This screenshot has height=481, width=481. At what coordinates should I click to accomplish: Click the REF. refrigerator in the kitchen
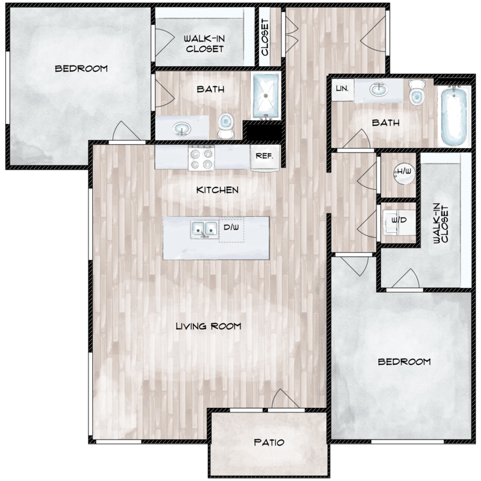pyautogui.click(x=265, y=157)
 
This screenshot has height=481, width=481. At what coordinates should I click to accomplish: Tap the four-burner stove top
pyautogui.click(x=201, y=158)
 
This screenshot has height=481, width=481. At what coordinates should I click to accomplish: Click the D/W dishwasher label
pyautogui.click(x=232, y=227)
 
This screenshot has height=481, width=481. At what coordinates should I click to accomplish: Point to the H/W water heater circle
pyautogui.click(x=404, y=173)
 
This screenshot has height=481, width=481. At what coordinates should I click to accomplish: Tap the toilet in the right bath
pyautogui.click(x=418, y=92)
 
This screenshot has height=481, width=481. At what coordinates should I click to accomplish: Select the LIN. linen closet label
pyautogui.click(x=342, y=89)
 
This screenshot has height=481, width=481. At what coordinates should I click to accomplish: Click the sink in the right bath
pyautogui.click(x=378, y=89)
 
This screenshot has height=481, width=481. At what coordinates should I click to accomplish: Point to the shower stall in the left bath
pyautogui.click(x=266, y=96)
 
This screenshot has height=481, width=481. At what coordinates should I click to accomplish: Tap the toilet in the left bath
pyautogui.click(x=226, y=126)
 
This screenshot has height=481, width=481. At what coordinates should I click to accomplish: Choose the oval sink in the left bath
pyautogui.click(x=182, y=128)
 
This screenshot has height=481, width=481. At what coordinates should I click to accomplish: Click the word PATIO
pyautogui.click(x=269, y=443)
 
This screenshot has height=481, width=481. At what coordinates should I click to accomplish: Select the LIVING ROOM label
pyautogui.click(x=208, y=326)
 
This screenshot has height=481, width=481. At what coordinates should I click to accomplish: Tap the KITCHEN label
pyautogui.click(x=217, y=190)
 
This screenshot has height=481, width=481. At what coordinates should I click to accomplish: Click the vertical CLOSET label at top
pyautogui.click(x=265, y=37)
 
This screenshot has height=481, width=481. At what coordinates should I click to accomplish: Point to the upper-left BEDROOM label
pyautogui.click(x=81, y=69)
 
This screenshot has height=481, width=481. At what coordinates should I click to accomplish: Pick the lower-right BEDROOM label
pyautogui.click(x=404, y=362)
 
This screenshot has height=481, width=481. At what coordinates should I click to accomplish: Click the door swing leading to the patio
pyautogui.click(x=283, y=400)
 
